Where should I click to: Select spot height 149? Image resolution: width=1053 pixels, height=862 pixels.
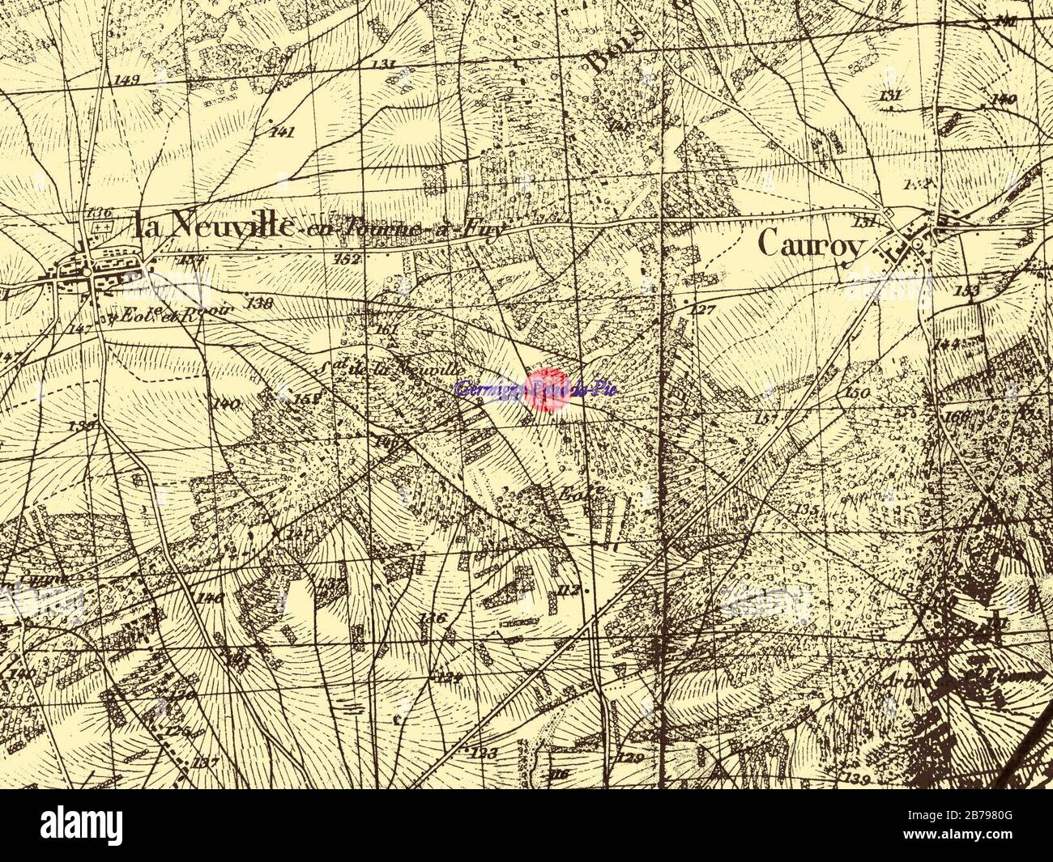pyautogui.click(x=128, y=79)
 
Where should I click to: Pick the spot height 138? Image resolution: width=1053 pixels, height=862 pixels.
pyautogui.click(x=260, y=304)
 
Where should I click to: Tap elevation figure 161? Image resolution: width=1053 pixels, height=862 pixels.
pyautogui.click(x=389, y=330)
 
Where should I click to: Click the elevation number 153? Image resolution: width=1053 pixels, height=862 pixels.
pyautogui.click(x=967, y=290)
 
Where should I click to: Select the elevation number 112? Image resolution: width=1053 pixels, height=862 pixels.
pyautogui.click(x=570, y=590)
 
